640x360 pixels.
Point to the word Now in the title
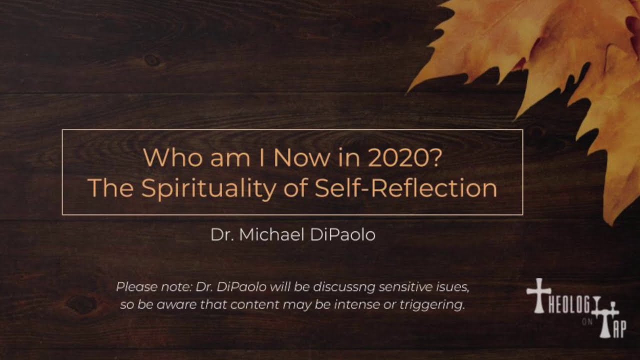point(301,158)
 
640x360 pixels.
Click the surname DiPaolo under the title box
point(342,235)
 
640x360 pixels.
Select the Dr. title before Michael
point(222,235)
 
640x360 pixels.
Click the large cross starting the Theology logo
point(538,295)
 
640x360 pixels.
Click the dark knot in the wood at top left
point(151,60)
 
